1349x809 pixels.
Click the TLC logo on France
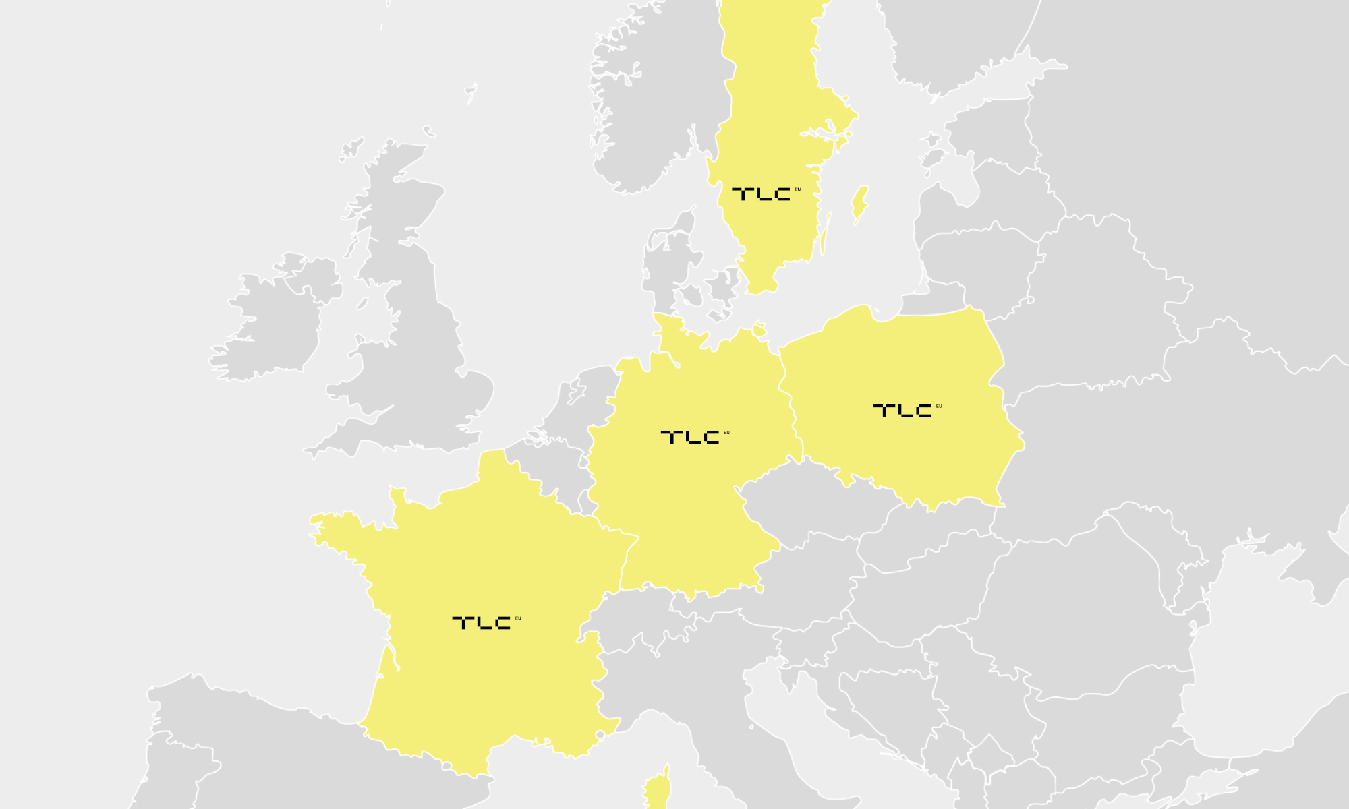click(483, 622)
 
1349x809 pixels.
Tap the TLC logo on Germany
click(691, 437)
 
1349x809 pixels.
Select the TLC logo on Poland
click(903, 410)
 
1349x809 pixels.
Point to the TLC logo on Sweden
click(762, 194)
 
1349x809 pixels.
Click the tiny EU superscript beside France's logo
click(518, 618)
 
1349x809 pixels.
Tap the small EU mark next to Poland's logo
click(939, 406)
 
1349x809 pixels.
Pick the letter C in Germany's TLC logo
click(711, 438)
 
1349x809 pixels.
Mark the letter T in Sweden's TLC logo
click(743, 194)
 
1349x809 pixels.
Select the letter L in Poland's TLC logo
click(905, 411)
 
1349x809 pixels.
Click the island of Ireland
click(270, 324)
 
